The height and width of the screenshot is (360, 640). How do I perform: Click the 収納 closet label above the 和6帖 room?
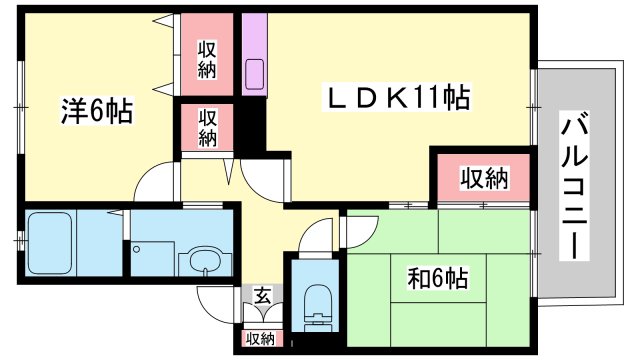pos(484,179)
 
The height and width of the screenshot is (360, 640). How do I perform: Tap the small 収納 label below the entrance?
pos(260,339)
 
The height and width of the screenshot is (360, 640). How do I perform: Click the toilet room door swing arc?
pos(316,238)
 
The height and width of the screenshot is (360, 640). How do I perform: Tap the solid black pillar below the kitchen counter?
pos(250,124)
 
